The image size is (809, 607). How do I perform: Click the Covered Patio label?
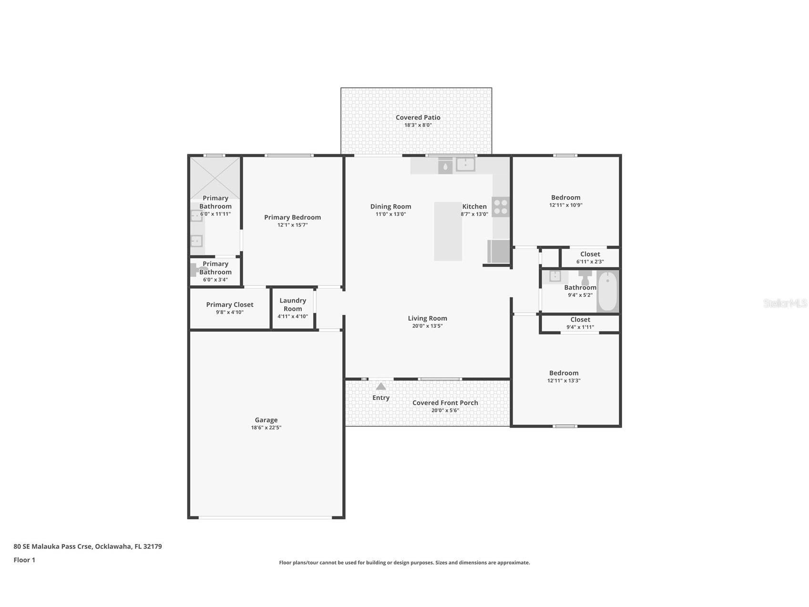click(418, 117)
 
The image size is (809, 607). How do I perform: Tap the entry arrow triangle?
click(381, 386)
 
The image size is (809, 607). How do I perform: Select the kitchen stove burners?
click(501, 207)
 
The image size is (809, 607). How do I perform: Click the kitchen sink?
click(465, 164)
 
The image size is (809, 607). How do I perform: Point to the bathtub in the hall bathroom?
click(607, 291)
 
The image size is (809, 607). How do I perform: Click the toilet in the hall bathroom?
click(585, 277)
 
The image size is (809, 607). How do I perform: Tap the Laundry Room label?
click(293, 304)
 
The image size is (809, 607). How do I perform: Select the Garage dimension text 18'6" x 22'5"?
click(266, 428)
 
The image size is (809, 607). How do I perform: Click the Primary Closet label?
click(230, 304)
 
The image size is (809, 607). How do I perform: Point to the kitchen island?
click(448, 231)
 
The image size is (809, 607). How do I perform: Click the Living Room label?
click(428, 318)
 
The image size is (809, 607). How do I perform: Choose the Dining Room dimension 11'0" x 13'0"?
click(391, 214)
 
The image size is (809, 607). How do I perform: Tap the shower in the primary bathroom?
click(215, 178)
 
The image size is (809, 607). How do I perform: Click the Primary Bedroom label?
click(293, 217)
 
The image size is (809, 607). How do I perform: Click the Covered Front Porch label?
click(445, 403)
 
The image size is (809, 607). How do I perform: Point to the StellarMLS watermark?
click(785, 303)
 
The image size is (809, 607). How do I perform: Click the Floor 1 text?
click(24, 560)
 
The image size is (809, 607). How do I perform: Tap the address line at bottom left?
click(88, 546)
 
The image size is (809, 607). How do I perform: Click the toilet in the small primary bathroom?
click(195, 270)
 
